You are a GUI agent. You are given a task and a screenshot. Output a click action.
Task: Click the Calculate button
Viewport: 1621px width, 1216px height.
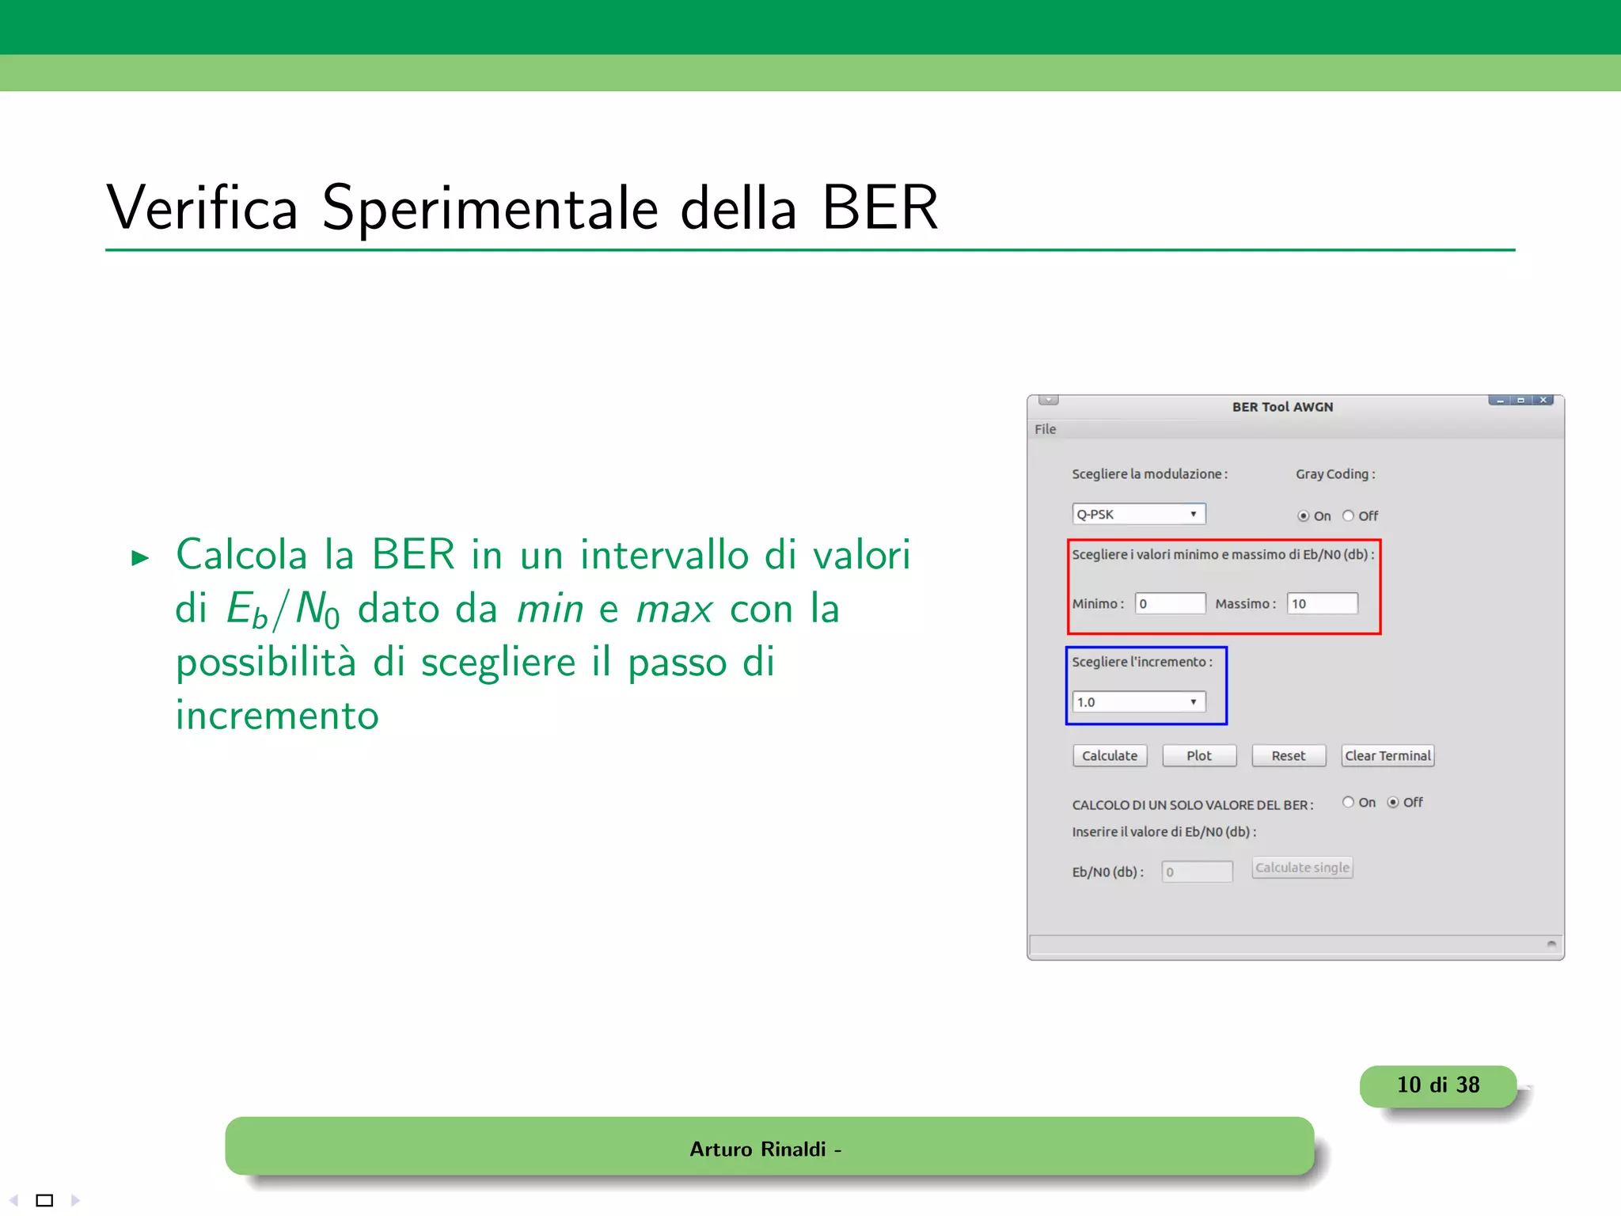click(x=1109, y=756)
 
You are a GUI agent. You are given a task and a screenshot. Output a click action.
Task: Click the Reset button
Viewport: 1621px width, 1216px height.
click(x=1288, y=756)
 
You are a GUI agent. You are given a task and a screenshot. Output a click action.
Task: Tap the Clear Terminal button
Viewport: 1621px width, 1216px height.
click(x=1388, y=756)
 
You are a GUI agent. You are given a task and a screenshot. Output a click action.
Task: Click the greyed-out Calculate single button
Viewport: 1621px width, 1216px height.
click(x=1302, y=868)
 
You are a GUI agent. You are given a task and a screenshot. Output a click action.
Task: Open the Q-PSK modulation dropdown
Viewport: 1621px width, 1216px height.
click(x=1138, y=515)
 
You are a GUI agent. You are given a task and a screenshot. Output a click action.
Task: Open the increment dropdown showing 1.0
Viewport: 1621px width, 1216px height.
click(x=1138, y=702)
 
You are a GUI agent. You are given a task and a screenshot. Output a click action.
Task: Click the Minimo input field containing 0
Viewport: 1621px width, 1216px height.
click(x=1170, y=604)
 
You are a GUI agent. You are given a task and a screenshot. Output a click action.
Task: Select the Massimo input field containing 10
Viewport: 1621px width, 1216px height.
click(x=1322, y=604)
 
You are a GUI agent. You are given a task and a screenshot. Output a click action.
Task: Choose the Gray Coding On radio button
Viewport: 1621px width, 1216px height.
click(x=1303, y=516)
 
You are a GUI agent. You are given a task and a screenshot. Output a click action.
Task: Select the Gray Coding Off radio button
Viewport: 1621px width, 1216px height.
click(x=1348, y=516)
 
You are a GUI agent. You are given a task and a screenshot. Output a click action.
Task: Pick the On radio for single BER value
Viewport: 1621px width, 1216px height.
click(x=1348, y=803)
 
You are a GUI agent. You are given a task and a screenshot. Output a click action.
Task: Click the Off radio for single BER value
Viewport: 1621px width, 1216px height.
click(x=1393, y=803)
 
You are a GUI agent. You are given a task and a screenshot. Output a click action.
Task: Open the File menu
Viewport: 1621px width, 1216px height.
click(x=1045, y=429)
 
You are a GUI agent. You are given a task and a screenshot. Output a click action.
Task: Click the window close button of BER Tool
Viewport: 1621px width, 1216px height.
click(x=1543, y=401)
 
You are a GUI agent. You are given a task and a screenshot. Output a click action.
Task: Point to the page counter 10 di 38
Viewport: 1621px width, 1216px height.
click(x=1437, y=1085)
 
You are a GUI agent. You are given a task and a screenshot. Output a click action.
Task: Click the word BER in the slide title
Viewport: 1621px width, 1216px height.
click(x=879, y=208)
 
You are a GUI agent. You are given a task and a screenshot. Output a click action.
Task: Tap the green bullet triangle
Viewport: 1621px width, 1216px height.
click(x=140, y=558)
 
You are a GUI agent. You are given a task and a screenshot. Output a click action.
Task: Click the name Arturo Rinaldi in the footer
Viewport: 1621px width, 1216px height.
click(x=757, y=1149)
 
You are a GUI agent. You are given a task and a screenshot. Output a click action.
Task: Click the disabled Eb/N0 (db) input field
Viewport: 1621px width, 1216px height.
click(x=1197, y=872)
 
